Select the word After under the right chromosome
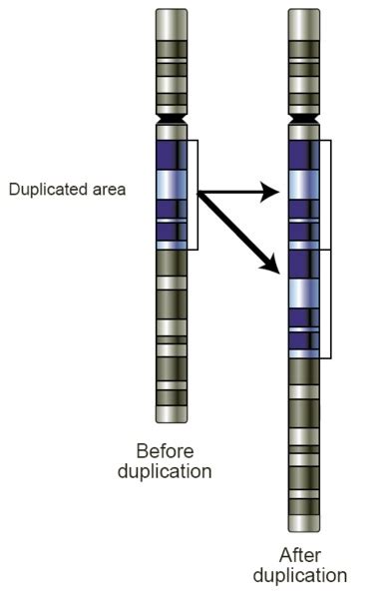[x=299, y=555]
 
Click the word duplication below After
[x=299, y=576]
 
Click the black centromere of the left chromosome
[x=172, y=120]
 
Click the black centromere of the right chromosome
[x=304, y=120]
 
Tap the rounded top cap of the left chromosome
[x=172, y=16]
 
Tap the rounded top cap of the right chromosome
[x=304, y=16]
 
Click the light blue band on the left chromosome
[x=172, y=185]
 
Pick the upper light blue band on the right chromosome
[x=304, y=186]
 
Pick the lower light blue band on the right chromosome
[x=304, y=292]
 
